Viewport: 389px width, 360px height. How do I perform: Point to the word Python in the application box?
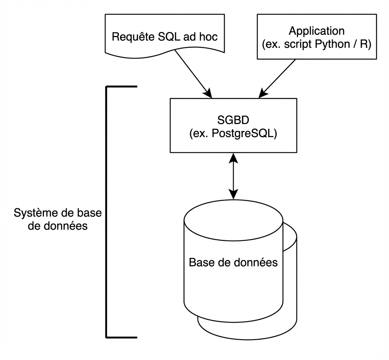(335, 44)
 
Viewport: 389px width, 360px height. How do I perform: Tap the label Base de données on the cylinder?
(233, 262)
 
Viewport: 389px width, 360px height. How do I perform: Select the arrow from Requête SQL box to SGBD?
(192, 73)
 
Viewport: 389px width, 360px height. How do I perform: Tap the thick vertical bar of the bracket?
(106, 212)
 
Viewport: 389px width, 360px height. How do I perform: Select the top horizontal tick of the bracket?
(122, 87)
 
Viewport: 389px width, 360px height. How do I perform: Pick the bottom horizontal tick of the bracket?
(122, 337)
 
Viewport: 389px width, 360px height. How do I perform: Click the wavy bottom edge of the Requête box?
(163, 56)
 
